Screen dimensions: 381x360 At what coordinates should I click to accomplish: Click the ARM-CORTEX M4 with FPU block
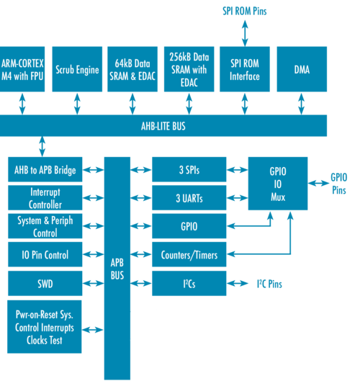click(23, 69)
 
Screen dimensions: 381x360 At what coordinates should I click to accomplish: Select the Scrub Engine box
click(77, 69)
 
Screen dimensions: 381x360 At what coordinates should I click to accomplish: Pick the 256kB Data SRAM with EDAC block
click(189, 69)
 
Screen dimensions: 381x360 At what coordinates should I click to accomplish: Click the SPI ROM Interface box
click(244, 69)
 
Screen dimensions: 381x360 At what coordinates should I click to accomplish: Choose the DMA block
click(301, 69)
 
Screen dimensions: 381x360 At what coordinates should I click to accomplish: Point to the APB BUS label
click(117, 269)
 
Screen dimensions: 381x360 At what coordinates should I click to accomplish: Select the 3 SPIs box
click(189, 170)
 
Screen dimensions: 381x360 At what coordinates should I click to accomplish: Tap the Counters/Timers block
click(189, 255)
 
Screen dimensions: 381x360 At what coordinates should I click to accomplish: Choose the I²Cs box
click(189, 284)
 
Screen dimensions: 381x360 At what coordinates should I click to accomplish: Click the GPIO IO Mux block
click(277, 183)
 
